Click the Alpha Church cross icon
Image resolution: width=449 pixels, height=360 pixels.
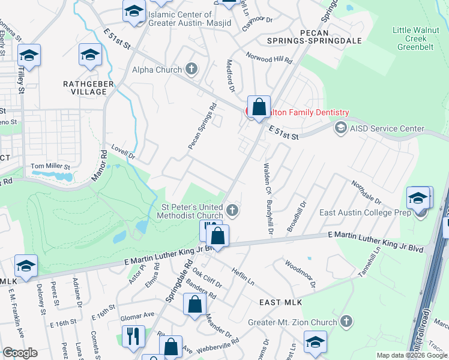pyautogui.click(x=191, y=70)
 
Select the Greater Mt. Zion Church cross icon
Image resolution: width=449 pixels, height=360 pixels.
pyautogui.click(x=345, y=322)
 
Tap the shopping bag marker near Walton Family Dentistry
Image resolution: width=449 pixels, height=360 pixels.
pyautogui.click(x=259, y=108)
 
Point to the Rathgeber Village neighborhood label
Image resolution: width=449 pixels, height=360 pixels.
pyautogui.click(x=85, y=88)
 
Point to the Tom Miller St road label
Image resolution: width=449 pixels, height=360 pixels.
pyautogui.click(x=50, y=166)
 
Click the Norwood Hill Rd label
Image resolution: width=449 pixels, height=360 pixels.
pyautogui.click(x=269, y=58)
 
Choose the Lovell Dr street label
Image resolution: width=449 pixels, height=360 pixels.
pyautogui.click(x=124, y=151)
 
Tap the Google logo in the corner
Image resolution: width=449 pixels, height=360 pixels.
pyautogui.click(x=20, y=353)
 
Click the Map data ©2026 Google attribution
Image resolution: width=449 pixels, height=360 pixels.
pyautogui.click(x=411, y=355)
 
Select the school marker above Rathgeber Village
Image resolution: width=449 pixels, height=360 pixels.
pyautogui.click(x=90, y=56)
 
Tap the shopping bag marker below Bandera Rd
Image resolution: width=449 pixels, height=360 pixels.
pyautogui.click(x=195, y=305)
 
